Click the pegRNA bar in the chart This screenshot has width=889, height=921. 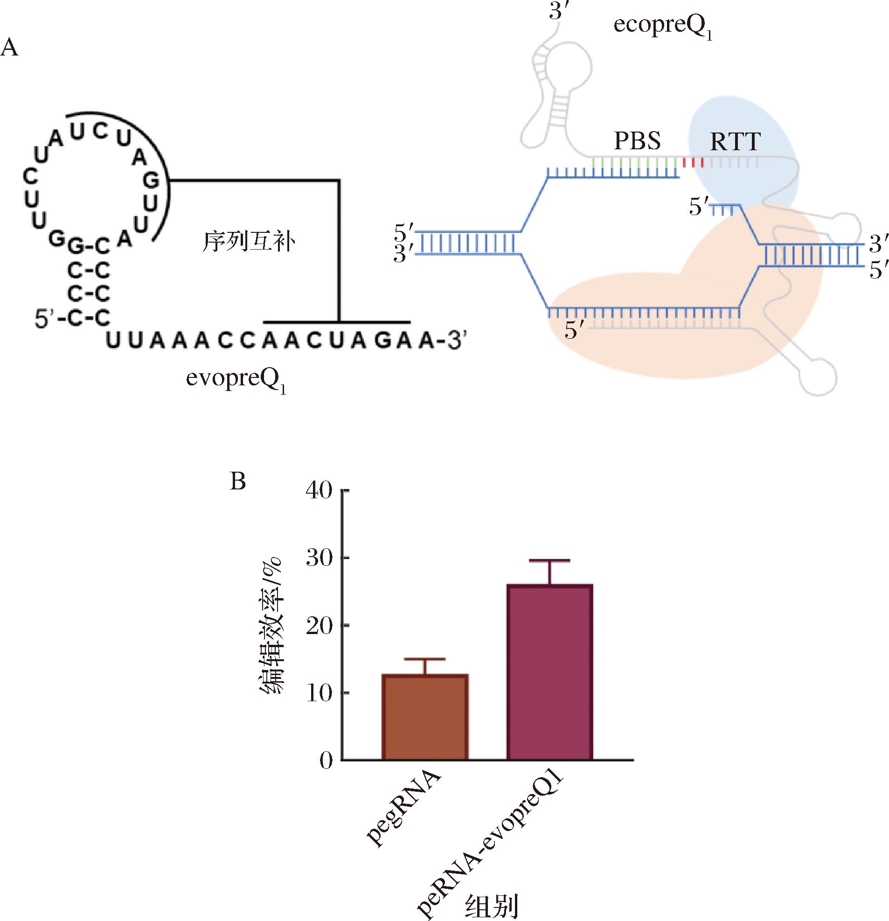click(425, 717)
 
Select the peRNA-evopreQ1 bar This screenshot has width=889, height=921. click(549, 672)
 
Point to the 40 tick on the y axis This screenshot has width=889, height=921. click(319, 490)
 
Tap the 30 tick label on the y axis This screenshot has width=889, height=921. click(319, 558)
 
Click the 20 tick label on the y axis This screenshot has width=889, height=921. click(319, 626)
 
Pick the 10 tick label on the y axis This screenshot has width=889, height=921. click(319, 694)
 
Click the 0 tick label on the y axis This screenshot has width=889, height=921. click(326, 761)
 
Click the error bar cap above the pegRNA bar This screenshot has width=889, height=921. click(425, 659)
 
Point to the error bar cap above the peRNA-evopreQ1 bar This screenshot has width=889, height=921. click(549, 561)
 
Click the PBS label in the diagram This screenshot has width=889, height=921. click(637, 140)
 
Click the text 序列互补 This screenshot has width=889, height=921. click(249, 242)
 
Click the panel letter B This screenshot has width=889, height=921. click(238, 481)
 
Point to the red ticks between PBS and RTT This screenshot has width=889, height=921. click(693, 162)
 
